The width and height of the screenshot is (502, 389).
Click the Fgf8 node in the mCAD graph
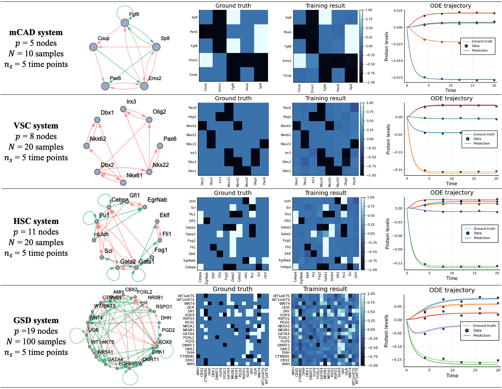coord(125,23)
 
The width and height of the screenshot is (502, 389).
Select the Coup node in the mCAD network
coord(93,47)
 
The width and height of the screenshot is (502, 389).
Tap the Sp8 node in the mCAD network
coord(156,47)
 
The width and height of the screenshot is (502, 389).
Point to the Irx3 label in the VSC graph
coord(131,102)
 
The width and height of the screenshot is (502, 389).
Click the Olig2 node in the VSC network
coord(149,120)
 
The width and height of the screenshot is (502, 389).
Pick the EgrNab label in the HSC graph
coord(157,200)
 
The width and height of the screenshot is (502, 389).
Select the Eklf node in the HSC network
coord(157,221)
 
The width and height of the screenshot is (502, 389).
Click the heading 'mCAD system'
coord(36,33)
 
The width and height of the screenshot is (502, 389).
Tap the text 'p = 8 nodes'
coord(36,136)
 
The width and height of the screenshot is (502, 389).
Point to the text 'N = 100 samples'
coord(36,342)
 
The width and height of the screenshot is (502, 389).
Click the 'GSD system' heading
coord(36,321)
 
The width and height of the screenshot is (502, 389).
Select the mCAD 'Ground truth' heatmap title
coord(233,6)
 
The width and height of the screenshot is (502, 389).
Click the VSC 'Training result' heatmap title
coord(325,98)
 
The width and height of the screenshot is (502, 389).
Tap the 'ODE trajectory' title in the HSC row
coord(452,193)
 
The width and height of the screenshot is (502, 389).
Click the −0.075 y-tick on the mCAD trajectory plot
coord(398,78)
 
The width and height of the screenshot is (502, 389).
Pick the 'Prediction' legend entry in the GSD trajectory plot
coord(482,336)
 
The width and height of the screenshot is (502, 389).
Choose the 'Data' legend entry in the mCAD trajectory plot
coord(475,46)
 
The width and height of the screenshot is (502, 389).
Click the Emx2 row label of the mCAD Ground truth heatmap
coord(193,60)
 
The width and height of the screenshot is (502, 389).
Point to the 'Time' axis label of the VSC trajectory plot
coord(451,184)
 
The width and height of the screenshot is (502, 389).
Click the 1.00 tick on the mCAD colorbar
coord(369,10)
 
